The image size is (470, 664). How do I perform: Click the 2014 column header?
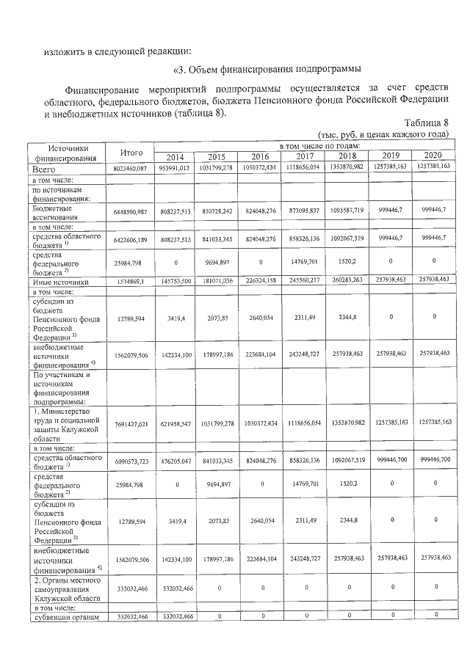click(175, 156)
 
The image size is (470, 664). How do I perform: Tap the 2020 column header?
click(433, 156)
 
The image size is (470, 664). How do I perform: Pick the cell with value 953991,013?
click(175, 168)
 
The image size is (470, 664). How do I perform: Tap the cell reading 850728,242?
click(217, 211)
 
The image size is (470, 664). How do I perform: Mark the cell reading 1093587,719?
click(347, 211)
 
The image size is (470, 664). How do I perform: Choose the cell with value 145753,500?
click(175, 281)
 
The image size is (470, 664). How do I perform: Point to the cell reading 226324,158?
click(261, 281)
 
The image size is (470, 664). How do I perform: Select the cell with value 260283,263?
click(347, 280)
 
